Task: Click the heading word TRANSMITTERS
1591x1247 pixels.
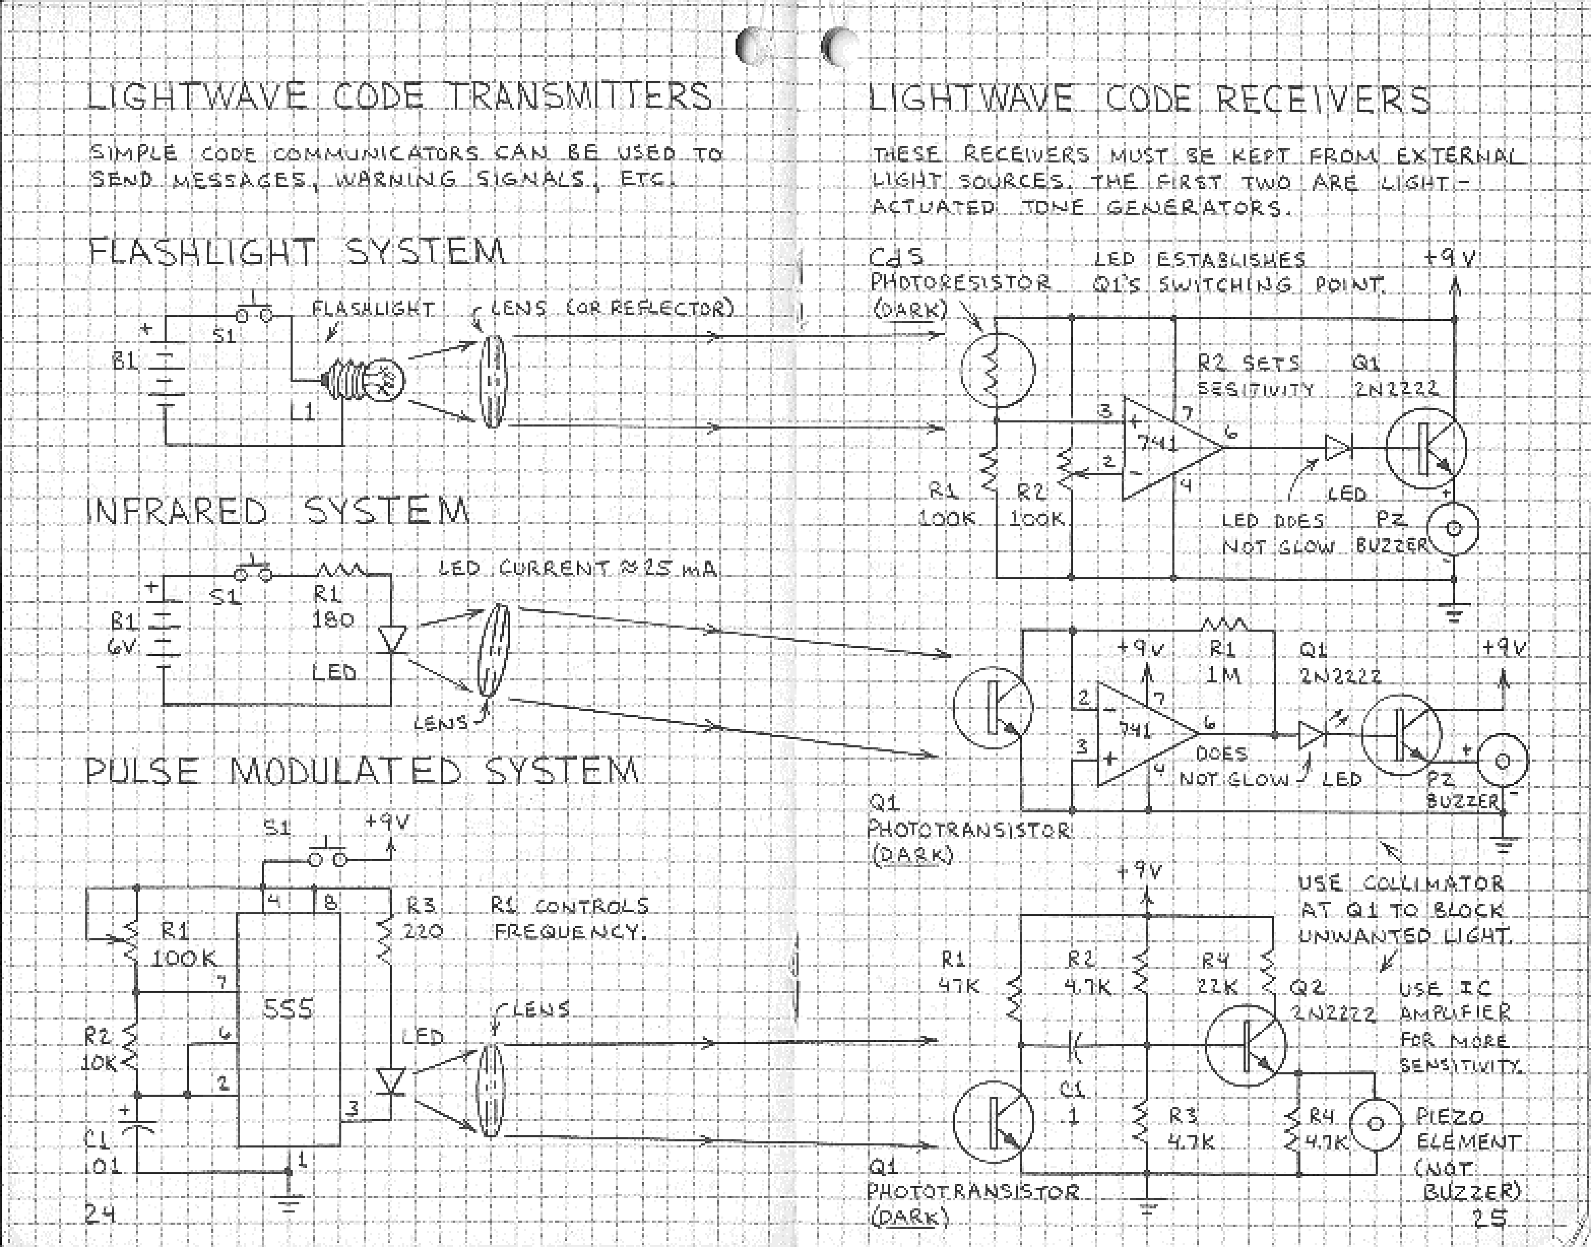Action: click(x=579, y=96)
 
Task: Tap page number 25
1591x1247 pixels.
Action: click(x=1490, y=1217)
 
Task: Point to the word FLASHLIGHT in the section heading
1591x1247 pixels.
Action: click(x=202, y=253)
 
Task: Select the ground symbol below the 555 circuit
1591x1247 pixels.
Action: click(x=289, y=1201)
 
